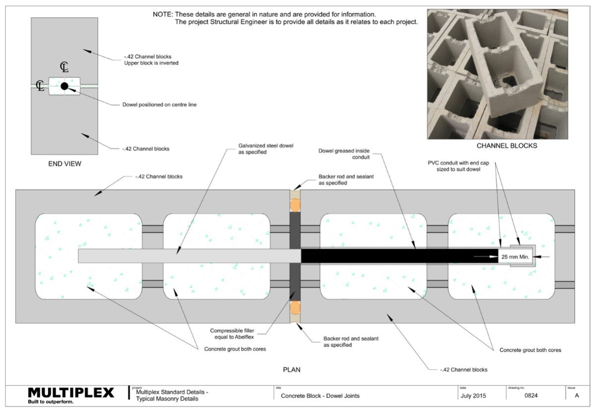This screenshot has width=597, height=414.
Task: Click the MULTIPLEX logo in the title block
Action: (71, 393)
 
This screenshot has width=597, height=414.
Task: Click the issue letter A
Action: (576, 396)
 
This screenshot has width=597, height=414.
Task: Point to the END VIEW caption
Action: (64, 164)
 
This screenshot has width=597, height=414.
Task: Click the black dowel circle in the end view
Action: (64, 86)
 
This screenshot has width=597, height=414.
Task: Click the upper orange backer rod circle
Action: (295, 205)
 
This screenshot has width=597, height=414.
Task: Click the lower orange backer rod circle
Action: (295, 308)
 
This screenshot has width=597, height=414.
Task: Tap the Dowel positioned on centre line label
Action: (160, 104)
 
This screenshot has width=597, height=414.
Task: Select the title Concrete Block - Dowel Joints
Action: (320, 396)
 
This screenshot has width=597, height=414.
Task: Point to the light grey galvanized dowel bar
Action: (188, 256)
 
